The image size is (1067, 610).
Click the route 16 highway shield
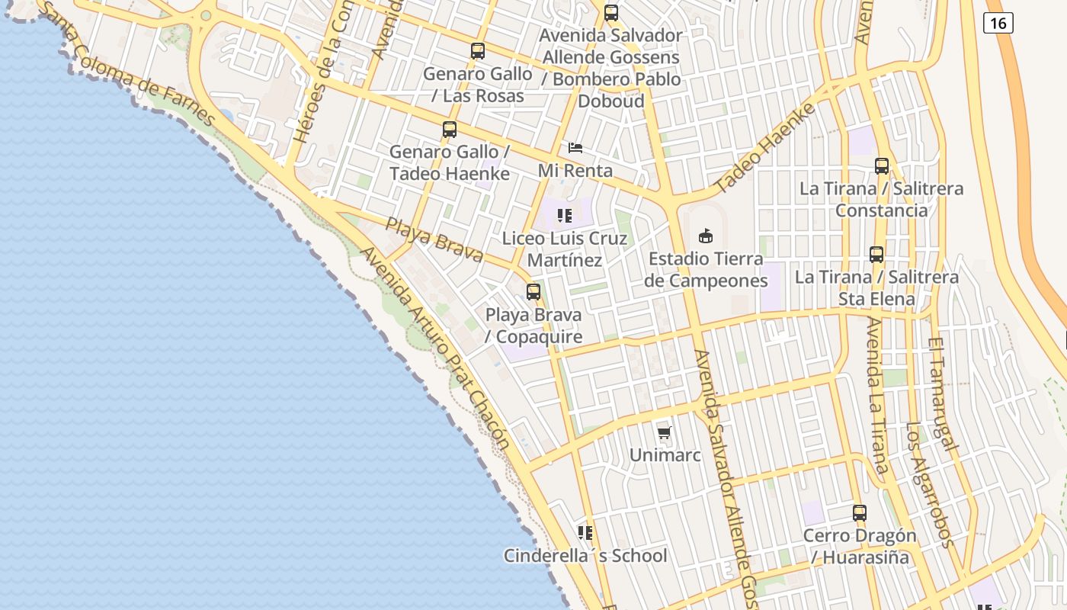pyautogui.click(x=997, y=23)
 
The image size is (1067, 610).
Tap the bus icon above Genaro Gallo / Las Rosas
pyautogui.click(x=478, y=51)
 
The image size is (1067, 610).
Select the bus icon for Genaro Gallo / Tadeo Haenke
pyautogui.click(x=450, y=130)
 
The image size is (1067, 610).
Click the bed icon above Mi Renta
pyautogui.click(x=575, y=148)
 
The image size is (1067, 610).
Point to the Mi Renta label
pyautogui.click(x=575, y=170)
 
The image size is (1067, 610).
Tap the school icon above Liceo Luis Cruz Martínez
pyautogui.click(x=564, y=216)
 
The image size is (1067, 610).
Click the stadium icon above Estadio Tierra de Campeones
pyautogui.click(x=706, y=236)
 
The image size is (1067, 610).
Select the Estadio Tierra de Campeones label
pyautogui.click(x=706, y=270)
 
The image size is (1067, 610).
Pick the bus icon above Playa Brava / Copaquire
pyautogui.click(x=533, y=291)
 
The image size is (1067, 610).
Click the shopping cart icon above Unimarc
pyautogui.click(x=665, y=433)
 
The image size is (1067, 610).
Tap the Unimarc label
pyautogui.click(x=665, y=455)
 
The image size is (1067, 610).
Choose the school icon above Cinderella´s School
pyautogui.click(x=585, y=532)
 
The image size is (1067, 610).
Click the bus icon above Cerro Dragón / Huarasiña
pyautogui.click(x=860, y=512)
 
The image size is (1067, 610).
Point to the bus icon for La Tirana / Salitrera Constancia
pyautogui.click(x=882, y=165)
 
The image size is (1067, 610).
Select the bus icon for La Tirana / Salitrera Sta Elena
pyautogui.click(x=876, y=255)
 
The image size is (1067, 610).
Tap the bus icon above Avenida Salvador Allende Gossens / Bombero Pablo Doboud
pyautogui.click(x=611, y=13)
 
